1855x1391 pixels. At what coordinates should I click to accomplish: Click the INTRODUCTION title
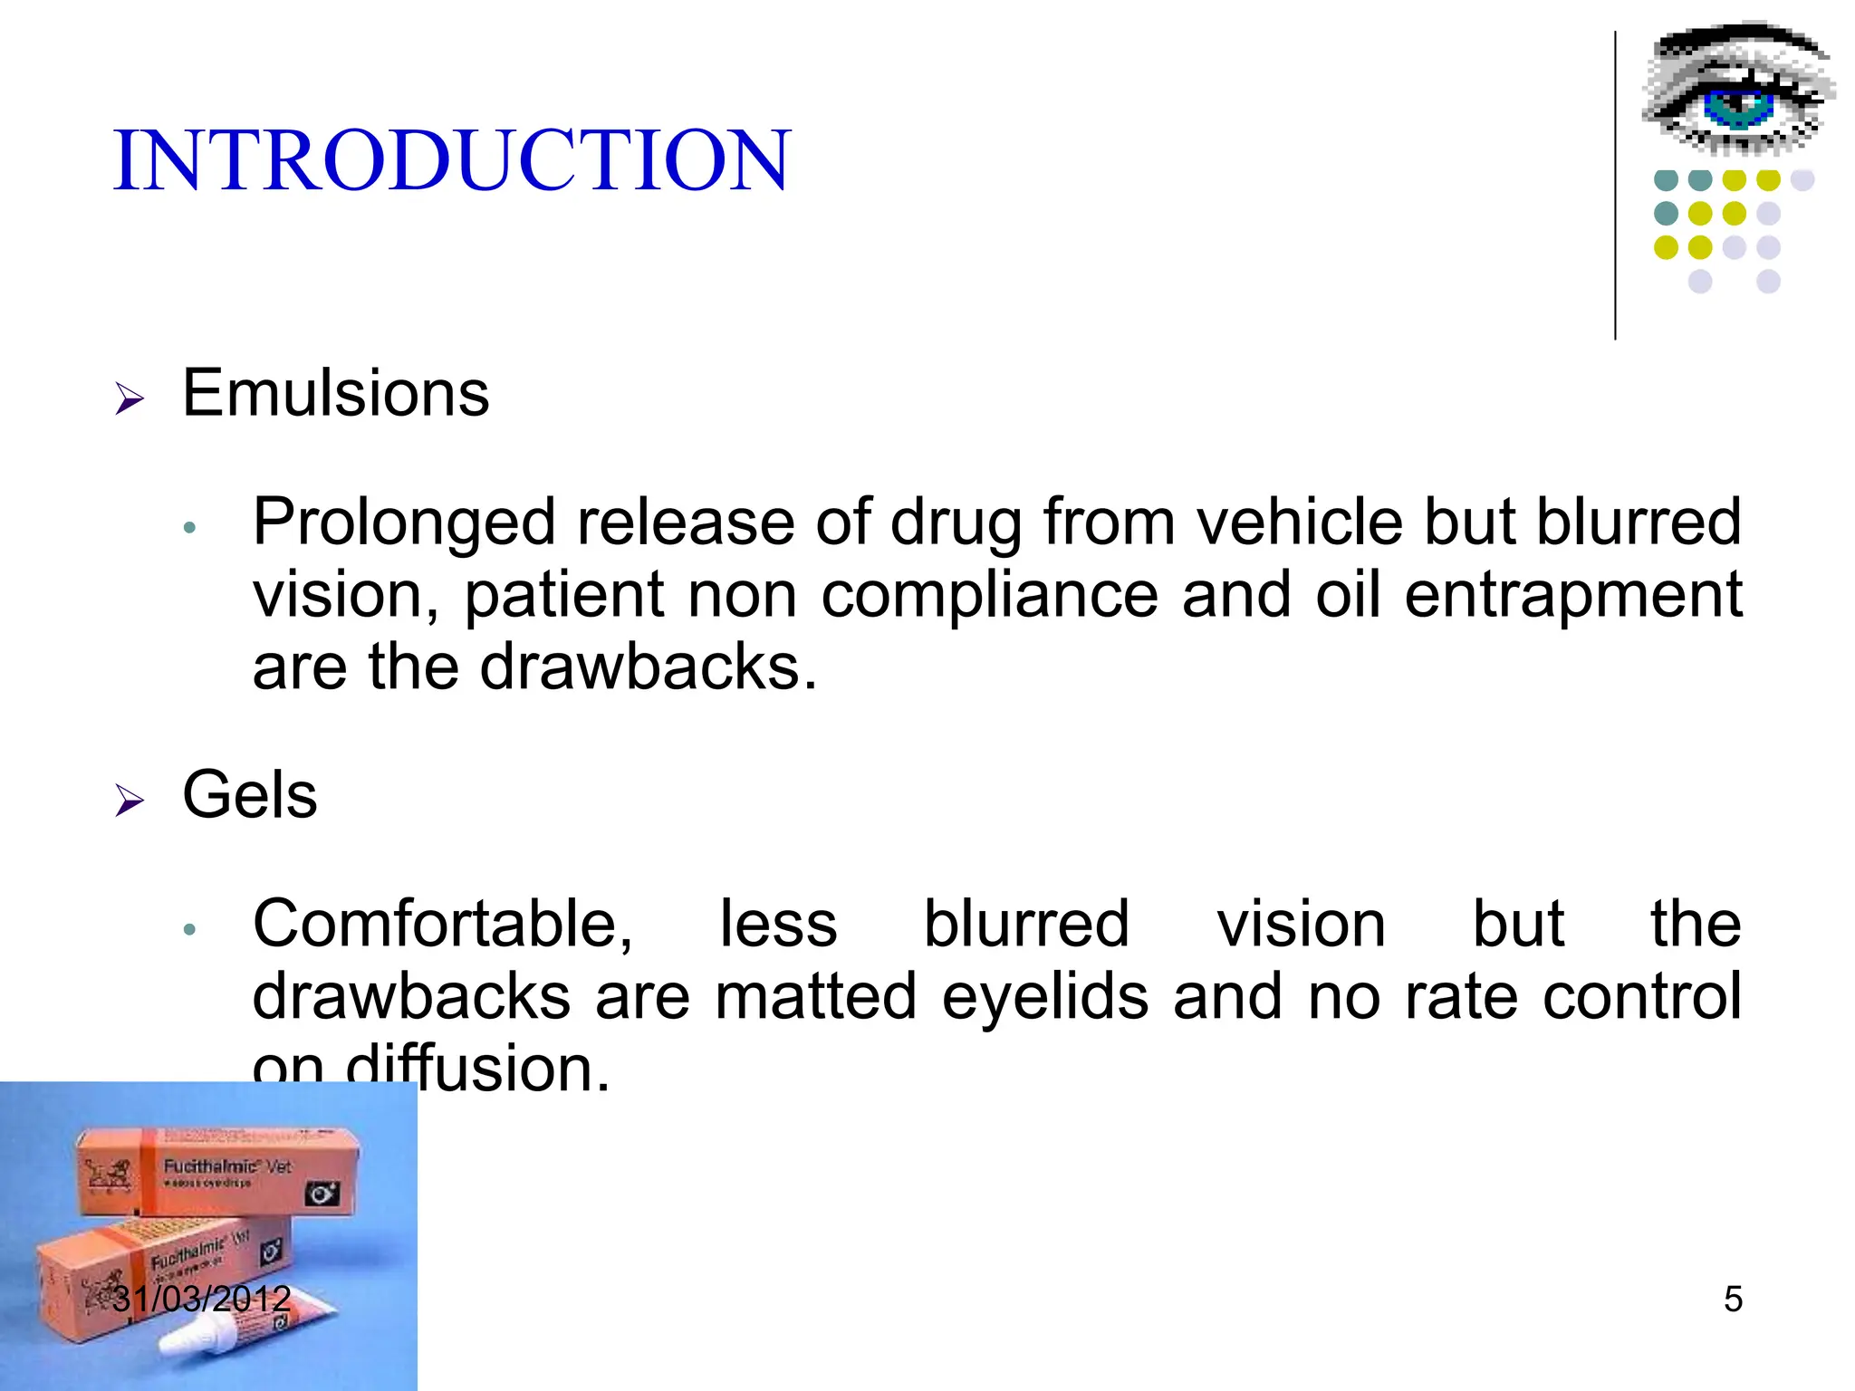point(452,161)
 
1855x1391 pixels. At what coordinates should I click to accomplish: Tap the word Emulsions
point(335,394)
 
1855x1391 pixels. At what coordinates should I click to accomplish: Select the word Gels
point(250,795)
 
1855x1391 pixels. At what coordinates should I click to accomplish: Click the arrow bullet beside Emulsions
point(130,398)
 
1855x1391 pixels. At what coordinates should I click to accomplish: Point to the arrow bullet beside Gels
point(130,801)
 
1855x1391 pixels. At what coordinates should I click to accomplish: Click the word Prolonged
point(403,523)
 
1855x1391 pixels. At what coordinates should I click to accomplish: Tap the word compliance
point(989,596)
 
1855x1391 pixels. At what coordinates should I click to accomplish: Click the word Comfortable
point(442,925)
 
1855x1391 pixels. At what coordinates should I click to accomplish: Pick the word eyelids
point(1044,997)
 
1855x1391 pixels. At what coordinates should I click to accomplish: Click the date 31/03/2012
point(201,1300)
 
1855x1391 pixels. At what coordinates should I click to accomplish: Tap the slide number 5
point(1733,1300)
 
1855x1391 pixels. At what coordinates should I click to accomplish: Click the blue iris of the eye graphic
point(1737,107)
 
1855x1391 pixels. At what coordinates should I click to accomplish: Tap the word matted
point(816,997)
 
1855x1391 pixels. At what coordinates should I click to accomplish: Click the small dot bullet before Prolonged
point(189,528)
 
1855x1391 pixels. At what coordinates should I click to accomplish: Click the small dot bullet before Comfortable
point(189,929)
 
